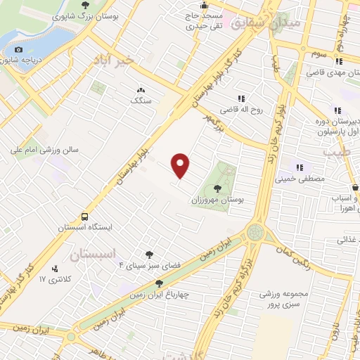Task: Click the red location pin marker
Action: pos(181,165)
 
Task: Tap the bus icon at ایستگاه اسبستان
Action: pos(85,217)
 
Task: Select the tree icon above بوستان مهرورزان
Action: pos(217,188)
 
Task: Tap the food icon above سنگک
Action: pos(141,90)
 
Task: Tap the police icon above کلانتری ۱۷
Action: pos(56,268)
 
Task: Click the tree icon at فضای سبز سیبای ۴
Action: pos(148,255)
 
